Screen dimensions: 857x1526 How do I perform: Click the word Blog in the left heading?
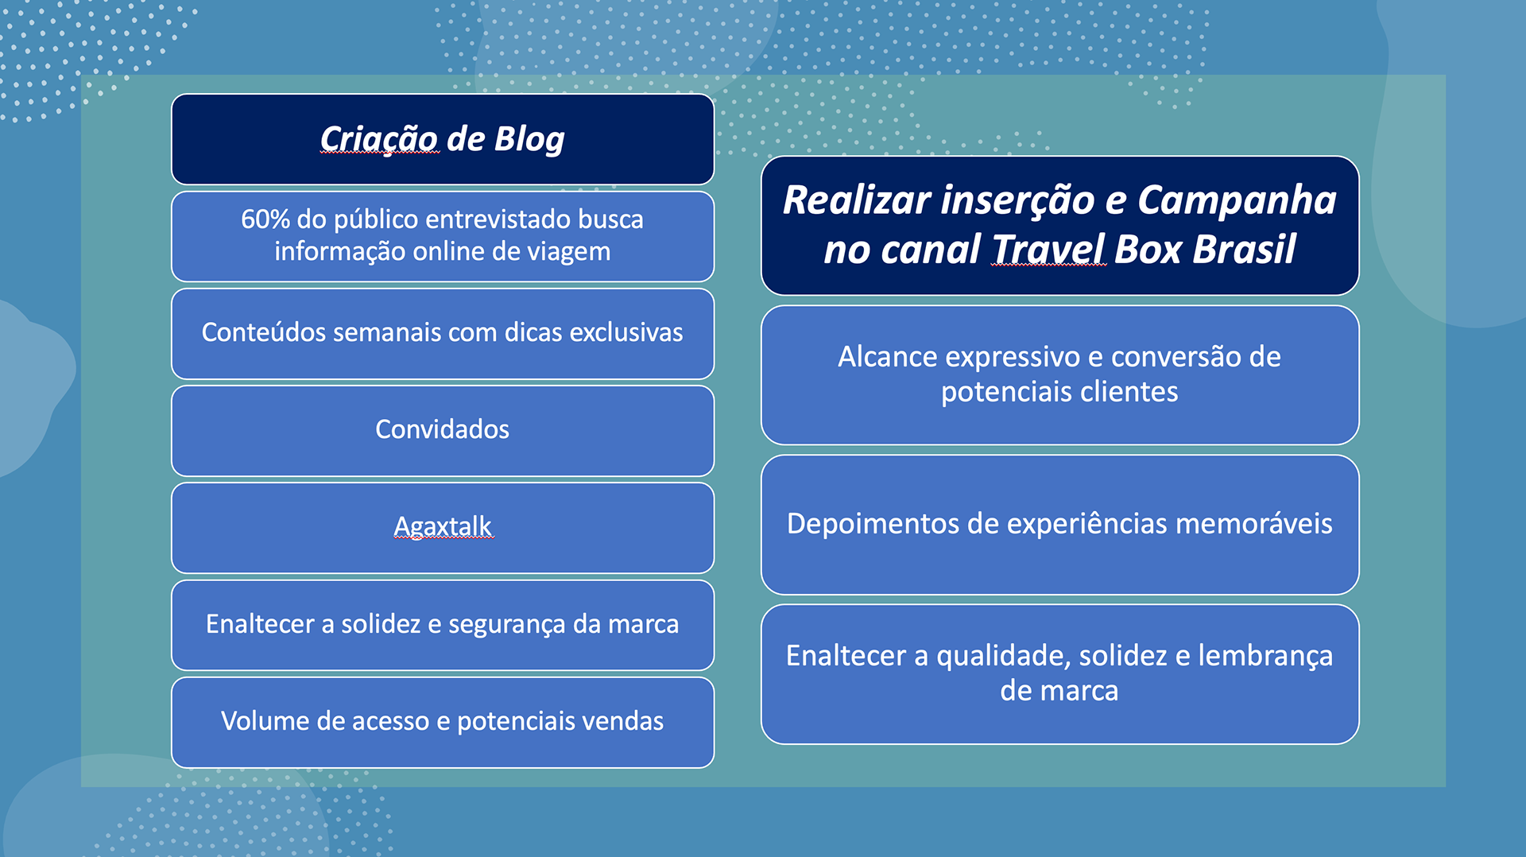529,140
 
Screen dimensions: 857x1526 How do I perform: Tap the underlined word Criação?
378,140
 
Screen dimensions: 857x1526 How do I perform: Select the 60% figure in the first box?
265,219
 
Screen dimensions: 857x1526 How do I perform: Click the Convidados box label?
442,429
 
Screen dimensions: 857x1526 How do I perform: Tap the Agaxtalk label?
443,526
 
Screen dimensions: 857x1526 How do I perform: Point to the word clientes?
1129,392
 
